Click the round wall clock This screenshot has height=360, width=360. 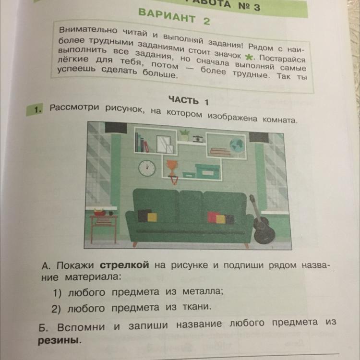147,168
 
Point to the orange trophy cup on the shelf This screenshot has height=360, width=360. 172,167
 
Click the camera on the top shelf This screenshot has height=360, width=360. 198,138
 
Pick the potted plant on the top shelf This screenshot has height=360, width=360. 184,135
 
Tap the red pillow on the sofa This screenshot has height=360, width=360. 213,217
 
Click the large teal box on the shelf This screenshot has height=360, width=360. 208,171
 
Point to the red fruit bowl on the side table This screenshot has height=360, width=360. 100,212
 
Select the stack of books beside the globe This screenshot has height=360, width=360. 220,152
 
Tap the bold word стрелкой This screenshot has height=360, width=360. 124,265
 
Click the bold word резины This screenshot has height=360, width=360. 59,340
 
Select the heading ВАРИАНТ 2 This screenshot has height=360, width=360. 174,16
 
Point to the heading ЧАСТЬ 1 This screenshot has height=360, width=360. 189,101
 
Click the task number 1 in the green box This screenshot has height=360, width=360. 38,109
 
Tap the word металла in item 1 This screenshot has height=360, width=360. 203,291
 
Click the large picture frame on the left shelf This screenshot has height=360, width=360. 164,144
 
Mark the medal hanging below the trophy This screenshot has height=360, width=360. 174,180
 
